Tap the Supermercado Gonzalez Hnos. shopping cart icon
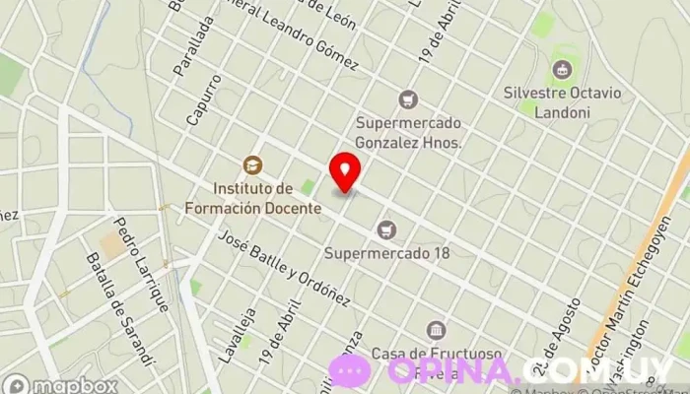(407, 99)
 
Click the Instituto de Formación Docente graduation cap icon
(252, 164)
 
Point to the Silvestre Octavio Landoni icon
(562, 69)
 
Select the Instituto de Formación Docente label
(252, 198)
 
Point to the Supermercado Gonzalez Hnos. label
(408, 133)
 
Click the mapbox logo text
(61, 385)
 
